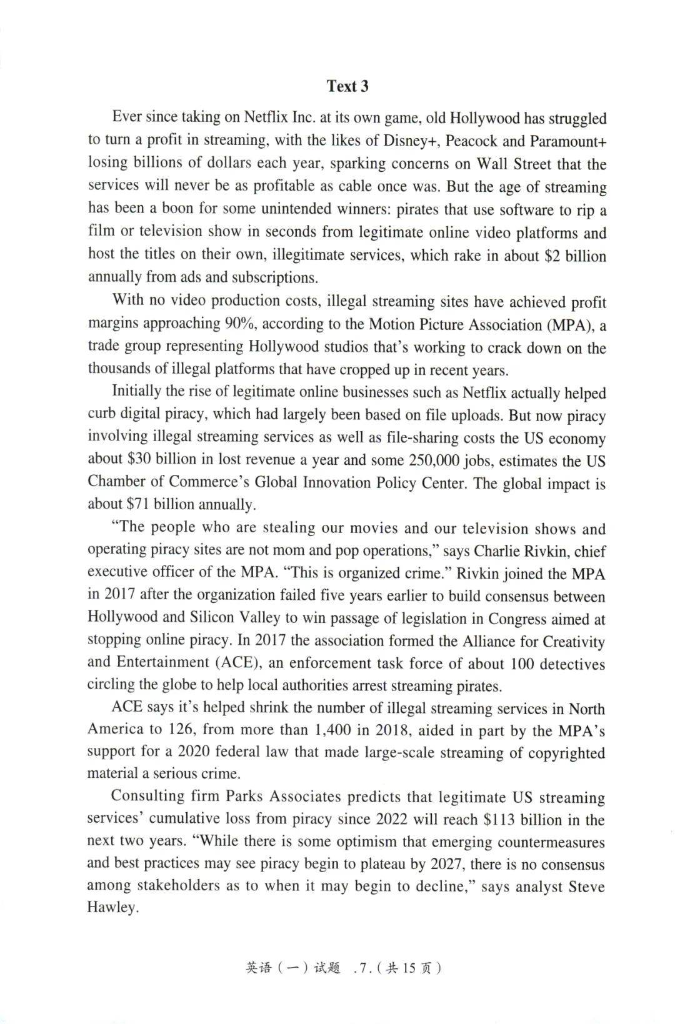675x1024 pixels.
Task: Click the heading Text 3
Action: click(347, 86)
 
